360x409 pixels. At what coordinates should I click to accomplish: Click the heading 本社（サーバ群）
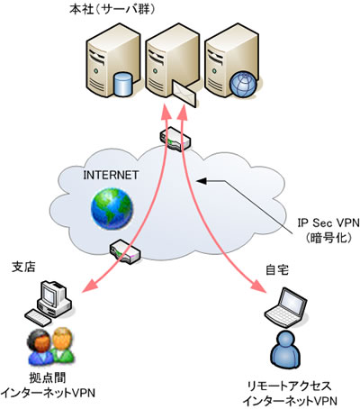[x=112, y=10]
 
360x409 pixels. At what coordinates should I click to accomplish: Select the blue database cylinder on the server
[x=123, y=84]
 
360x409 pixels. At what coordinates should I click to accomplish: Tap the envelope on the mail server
[x=184, y=93]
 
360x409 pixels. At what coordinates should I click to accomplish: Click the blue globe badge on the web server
[x=243, y=84]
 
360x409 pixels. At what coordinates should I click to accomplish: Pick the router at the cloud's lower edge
[x=125, y=251]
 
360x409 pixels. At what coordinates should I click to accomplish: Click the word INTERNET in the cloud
[x=111, y=175]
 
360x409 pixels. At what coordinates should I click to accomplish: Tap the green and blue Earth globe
[x=112, y=209]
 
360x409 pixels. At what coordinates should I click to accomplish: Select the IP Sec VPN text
[x=328, y=223]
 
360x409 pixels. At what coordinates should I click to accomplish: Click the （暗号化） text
[x=328, y=238]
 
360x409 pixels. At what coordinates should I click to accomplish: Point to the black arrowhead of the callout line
[x=202, y=181]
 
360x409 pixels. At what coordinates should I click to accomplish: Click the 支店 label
[x=23, y=267]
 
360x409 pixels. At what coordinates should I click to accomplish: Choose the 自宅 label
[x=277, y=270]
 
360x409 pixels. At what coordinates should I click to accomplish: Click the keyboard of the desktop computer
[x=38, y=318]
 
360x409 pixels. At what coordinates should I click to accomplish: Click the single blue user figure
[x=285, y=350]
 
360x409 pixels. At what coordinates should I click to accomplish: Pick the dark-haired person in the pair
[x=40, y=346]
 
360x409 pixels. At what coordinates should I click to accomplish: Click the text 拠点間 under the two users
[x=48, y=377]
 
